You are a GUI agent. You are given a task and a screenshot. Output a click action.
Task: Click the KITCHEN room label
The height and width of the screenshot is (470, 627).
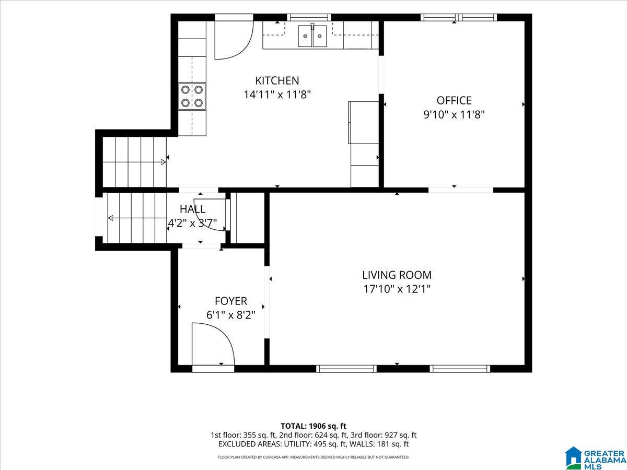click(277, 81)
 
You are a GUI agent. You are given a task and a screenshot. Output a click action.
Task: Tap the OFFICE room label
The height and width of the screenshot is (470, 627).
click(454, 100)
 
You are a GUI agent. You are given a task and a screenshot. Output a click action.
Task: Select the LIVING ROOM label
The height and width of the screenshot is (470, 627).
click(397, 275)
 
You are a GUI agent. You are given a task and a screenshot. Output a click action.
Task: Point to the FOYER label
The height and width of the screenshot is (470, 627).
click(231, 301)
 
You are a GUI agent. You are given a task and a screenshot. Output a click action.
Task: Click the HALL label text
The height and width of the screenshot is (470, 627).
click(192, 209)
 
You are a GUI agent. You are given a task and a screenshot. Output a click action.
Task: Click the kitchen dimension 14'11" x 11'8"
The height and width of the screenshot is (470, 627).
click(277, 95)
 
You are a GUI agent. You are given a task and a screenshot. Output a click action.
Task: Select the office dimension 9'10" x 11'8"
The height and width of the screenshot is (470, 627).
click(454, 115)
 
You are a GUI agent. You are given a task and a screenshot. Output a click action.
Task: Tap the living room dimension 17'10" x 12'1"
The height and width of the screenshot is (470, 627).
click(397, 289)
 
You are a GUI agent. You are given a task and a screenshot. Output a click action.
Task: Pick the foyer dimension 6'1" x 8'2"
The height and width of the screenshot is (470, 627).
click(231, 315)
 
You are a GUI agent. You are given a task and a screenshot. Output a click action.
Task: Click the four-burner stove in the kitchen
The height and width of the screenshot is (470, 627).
click(192, 96)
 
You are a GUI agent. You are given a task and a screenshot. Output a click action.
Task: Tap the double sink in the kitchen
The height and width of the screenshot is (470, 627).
click(312, 36)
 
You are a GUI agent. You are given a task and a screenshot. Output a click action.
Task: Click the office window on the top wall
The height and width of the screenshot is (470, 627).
click(459, 17)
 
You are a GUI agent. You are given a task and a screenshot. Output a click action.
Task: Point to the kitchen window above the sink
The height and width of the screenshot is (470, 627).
click(309, 17)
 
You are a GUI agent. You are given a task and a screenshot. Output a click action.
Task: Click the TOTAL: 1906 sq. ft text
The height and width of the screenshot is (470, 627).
click(313, 426)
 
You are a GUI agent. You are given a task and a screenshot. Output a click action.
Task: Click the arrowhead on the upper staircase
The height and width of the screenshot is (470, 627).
click(164, 162)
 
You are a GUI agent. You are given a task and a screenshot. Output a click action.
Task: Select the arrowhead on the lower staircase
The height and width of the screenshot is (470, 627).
click(111, 218)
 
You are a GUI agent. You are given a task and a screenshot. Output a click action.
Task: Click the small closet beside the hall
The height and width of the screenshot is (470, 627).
click(247, 218)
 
